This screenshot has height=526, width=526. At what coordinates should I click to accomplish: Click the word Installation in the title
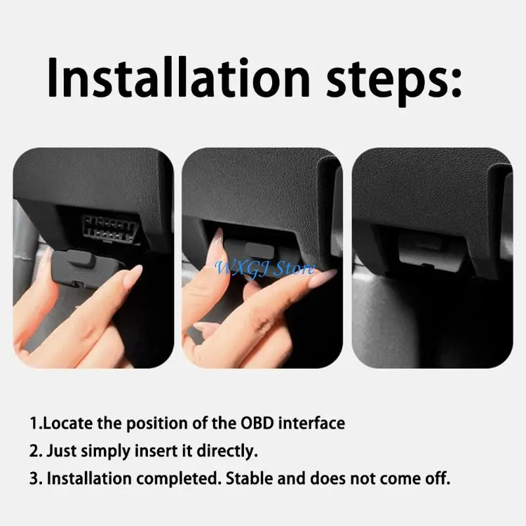(x=176, y=78)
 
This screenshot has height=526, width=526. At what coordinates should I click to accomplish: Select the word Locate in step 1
(x=68, y=423)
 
